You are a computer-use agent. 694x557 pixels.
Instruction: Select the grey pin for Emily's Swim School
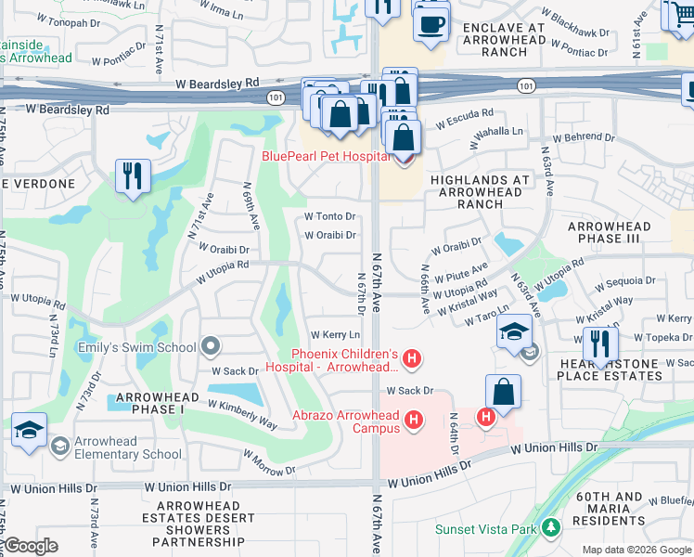(211, 347)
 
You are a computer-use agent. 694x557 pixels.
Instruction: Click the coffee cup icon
(430, 25)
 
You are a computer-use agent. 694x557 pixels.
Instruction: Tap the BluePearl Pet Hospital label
(326, 157)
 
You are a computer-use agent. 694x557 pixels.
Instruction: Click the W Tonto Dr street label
(330, 216)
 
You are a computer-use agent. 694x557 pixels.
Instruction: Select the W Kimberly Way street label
(242, 413)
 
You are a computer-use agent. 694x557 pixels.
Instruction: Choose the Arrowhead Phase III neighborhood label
(609, 232)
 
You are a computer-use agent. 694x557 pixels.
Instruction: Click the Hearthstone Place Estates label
(609, 369)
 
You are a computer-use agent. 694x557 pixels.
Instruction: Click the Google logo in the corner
(31, 546)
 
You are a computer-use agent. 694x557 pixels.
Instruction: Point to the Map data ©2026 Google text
(636, 550)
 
